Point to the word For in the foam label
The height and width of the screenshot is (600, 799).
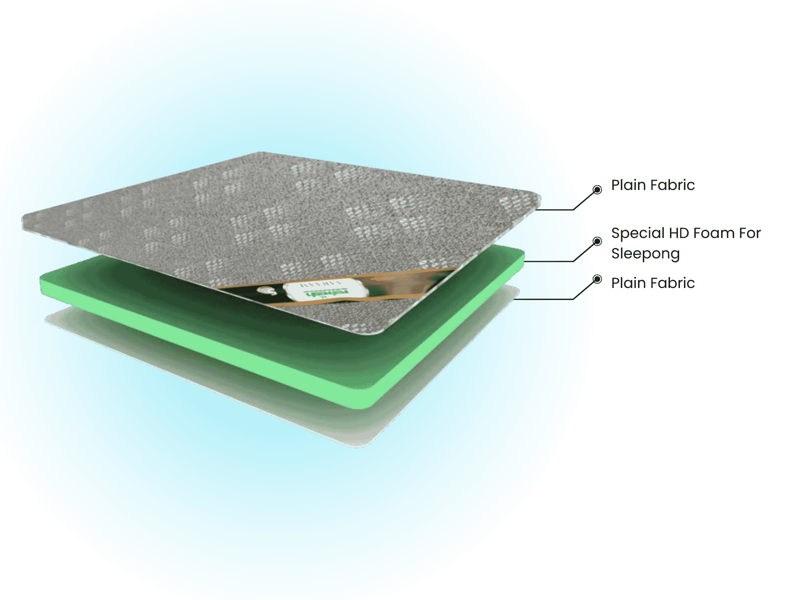[750, 233]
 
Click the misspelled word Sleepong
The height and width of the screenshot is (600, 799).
[645, 254]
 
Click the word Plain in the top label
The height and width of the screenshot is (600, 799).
[628, 185]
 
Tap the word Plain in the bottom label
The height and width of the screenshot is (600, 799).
[628, 283]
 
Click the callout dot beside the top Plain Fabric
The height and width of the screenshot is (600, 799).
[597, 190]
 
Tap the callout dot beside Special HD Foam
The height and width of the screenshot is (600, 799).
[597, 241]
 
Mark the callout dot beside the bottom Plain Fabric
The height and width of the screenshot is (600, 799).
[597, 279]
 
